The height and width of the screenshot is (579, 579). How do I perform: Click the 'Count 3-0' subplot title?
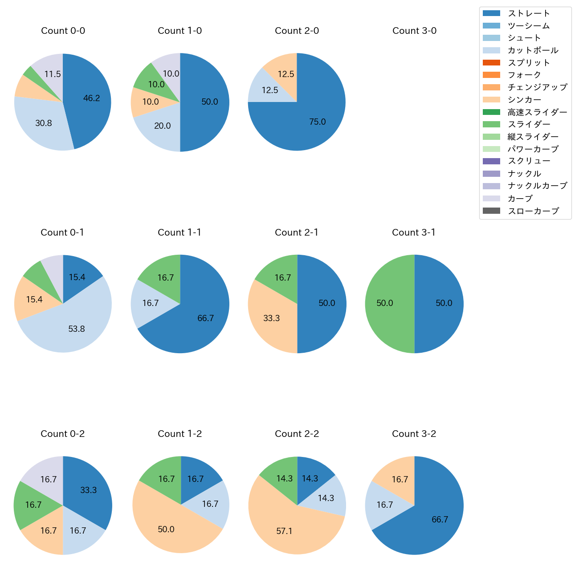coord(414,31)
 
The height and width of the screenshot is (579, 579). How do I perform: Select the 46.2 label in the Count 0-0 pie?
coord(92,98)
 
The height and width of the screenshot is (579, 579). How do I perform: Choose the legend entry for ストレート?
coord(529,13)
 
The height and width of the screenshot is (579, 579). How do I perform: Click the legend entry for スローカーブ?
coord(533,211)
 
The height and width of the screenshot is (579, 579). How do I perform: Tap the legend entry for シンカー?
coord(524,100)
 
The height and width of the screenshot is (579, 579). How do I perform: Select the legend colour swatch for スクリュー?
coord(491,161)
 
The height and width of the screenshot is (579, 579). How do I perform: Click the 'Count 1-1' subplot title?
coord(179,232)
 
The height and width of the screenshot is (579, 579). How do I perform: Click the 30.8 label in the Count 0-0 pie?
coord(44,123)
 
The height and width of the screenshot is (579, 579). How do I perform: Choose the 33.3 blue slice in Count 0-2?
coord(89,490)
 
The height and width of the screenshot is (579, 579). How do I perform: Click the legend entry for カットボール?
coord(533,50)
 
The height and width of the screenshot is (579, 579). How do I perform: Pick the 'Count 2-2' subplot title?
coord(297,434)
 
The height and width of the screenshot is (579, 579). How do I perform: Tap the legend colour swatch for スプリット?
coord(491,63)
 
